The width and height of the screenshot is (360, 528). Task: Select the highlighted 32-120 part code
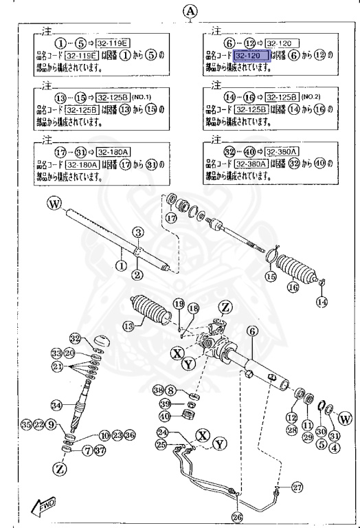pyautogui.click(x=252, y=55)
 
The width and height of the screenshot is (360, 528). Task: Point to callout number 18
pyautogui.click(x=194, y=309)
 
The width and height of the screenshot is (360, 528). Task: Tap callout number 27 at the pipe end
pyautogui.click(x=297, y=487)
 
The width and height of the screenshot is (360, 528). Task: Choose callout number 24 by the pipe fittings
pyautogui.click(x=162, y=432)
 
